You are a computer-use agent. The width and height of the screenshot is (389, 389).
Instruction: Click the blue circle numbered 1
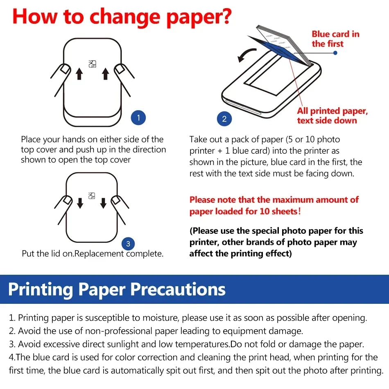(x=138, y=118)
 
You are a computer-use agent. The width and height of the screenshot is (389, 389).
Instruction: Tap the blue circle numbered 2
(x=224, y=119)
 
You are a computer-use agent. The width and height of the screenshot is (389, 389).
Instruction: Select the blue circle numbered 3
(x=128, y=244)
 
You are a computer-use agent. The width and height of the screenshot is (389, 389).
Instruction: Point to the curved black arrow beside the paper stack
(x=247, y=54)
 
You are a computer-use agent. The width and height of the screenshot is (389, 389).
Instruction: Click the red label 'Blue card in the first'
(x=335, y=39)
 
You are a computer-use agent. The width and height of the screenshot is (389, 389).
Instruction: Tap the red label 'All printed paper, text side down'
(x=332, y=115)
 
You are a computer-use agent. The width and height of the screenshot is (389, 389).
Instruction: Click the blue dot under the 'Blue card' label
(x=335, y=53)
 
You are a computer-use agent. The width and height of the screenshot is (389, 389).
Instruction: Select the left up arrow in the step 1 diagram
(x=79, y=74)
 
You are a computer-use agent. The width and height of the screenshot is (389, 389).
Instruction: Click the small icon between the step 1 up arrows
(x=92, y=63)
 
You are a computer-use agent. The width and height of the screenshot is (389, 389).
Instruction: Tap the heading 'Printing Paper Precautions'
(x=117, y=289)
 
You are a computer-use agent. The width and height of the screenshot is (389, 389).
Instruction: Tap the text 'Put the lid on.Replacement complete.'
(x=93, y=253)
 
